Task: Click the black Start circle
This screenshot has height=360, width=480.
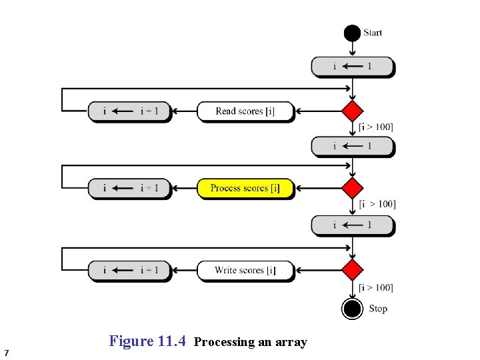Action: coord(352,33)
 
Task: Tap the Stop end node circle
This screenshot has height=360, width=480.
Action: coord(352,309)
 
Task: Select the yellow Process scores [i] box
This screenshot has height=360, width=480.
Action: coord(245,189)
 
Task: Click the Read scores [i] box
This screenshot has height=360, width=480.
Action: coord(245,111)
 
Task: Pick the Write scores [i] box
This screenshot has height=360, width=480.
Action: coord(245,270)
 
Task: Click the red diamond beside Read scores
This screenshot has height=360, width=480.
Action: coord(352,111)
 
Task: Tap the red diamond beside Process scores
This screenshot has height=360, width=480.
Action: coord(352,189)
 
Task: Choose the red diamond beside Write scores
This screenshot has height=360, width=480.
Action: coord(352,270)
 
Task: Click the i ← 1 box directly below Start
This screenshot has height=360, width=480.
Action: coord(352,67)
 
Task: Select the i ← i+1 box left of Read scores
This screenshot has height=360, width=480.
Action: coord(129,111)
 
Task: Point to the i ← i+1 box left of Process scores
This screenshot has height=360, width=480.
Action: coord(129,189)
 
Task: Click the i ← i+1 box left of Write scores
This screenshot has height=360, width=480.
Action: coord(129,270)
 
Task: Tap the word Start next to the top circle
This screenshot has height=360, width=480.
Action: coord(373,33)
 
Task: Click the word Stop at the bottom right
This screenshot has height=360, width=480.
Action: coord(377,309)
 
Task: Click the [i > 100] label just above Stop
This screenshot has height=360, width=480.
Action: coord(375,288)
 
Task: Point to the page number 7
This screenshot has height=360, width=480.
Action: coord(6,352)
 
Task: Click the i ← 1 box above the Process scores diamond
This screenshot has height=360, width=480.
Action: coord(352,147)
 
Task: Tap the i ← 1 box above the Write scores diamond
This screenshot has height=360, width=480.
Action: coord(352,225)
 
